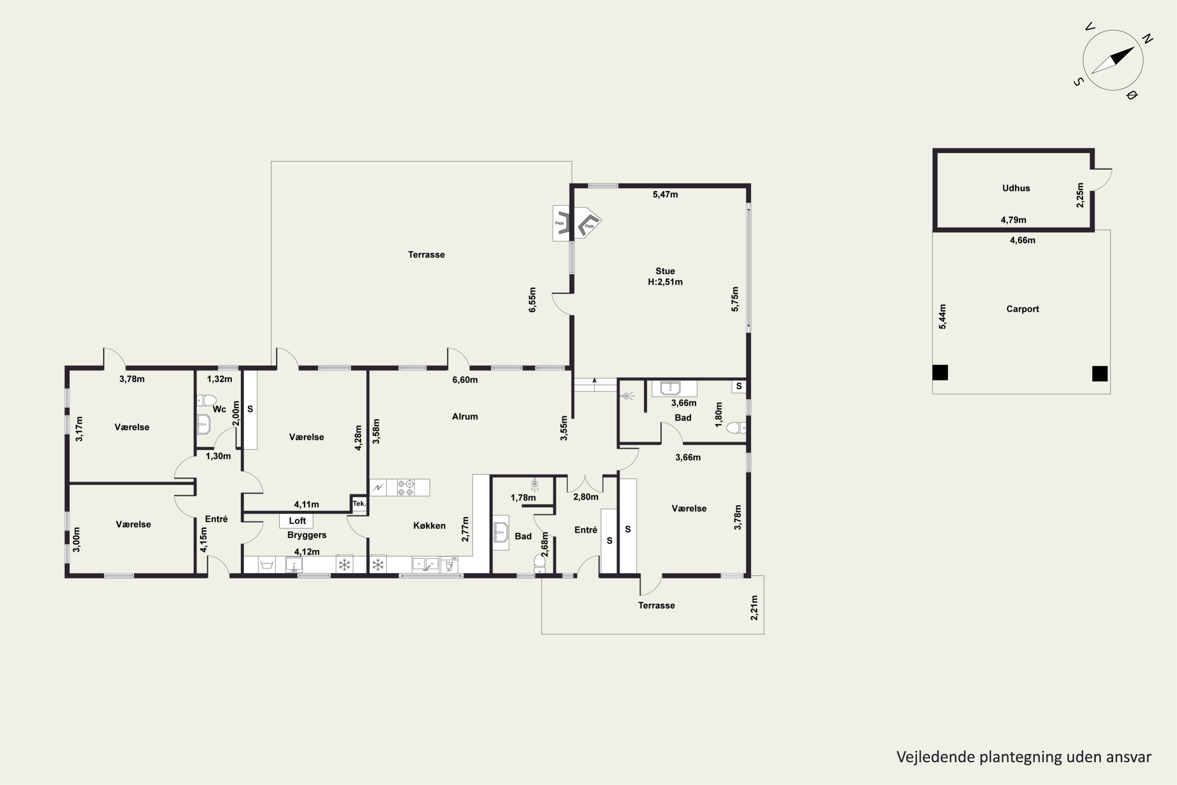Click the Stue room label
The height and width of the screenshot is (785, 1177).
665,271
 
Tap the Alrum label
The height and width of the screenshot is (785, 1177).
465,416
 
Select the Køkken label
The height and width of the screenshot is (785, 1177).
429,526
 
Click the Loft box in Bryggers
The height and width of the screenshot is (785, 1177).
297,521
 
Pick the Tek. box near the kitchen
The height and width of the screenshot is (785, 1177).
359,504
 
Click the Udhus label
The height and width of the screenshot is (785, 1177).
1016,188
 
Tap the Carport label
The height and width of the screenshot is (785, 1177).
1022,309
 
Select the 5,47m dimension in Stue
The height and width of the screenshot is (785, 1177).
665,194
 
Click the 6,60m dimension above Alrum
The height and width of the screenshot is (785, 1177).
465,380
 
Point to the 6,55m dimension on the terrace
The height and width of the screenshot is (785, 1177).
532,300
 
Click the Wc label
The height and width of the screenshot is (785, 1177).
219,409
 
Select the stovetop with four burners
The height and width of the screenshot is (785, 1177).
406,487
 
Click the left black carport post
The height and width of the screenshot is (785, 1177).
940,372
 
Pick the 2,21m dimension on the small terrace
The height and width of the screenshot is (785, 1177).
754,608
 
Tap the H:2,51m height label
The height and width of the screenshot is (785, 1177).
665,282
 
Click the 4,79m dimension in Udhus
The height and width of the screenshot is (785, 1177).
1013,220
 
